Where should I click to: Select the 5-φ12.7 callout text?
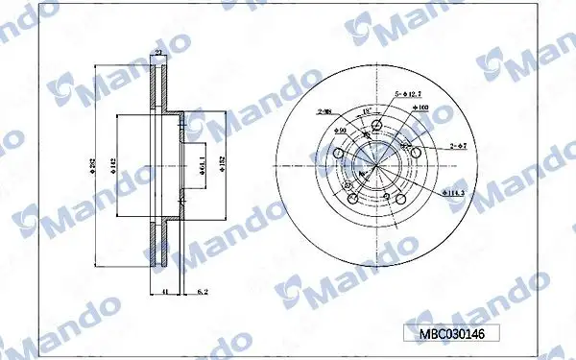[x=407, y=93]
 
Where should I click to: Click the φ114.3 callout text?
[x=455, y=192]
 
